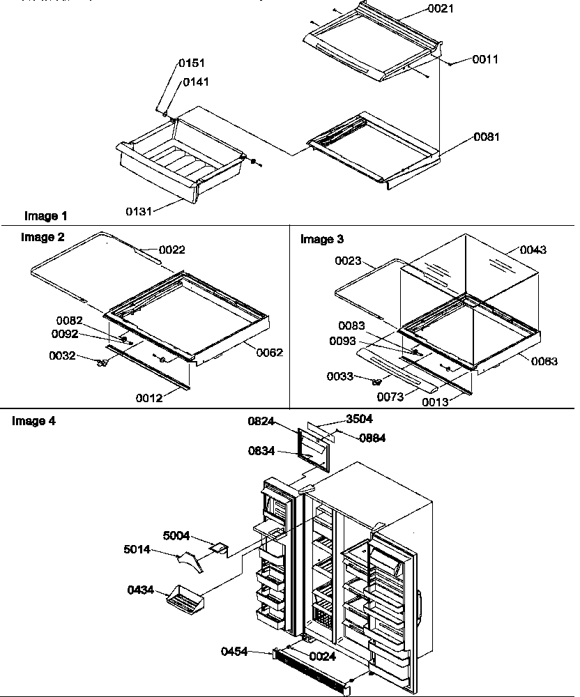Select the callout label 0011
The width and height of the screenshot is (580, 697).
[485, 60]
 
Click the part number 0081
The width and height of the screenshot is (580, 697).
[486, 137]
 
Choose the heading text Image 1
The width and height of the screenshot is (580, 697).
[46, 216]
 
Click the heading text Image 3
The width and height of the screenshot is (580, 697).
[321, 239]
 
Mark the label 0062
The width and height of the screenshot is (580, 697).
[269, 353]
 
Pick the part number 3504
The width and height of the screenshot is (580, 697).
[360, 420]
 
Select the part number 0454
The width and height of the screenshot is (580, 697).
[236, 652]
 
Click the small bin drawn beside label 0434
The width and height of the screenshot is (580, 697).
[184, 597]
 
